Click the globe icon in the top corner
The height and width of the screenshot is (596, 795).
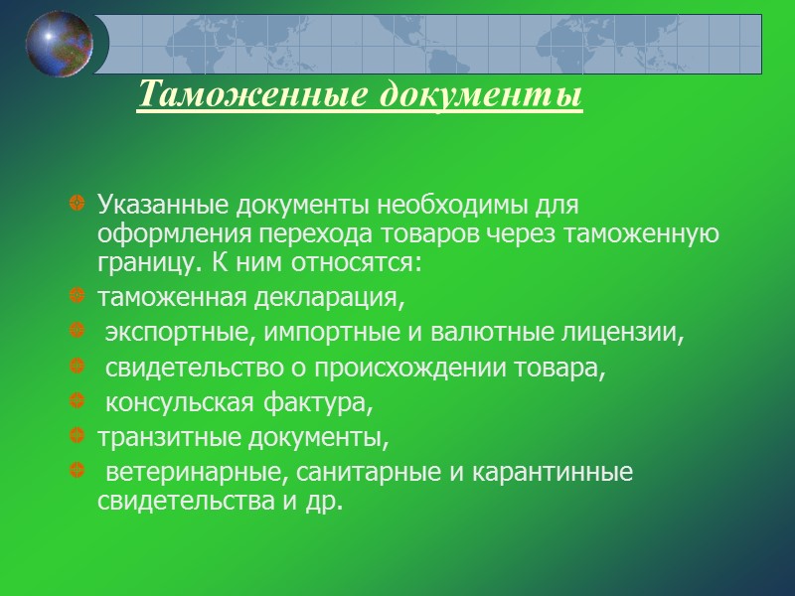point(60,44)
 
